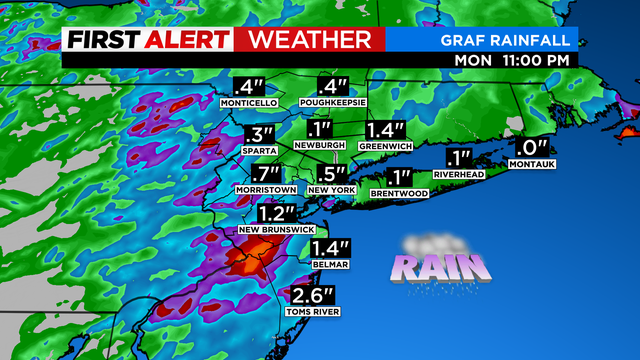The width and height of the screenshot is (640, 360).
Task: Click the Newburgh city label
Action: click(320, 146)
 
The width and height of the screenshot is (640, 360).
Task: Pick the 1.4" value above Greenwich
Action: click(384, 130)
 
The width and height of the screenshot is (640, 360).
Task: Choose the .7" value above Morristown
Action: click(261, 173)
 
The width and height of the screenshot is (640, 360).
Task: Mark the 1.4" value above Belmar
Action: click(328, 249)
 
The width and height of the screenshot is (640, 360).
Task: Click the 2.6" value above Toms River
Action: click(312, 296)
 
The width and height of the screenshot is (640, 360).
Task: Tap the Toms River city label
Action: click(312, 312)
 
